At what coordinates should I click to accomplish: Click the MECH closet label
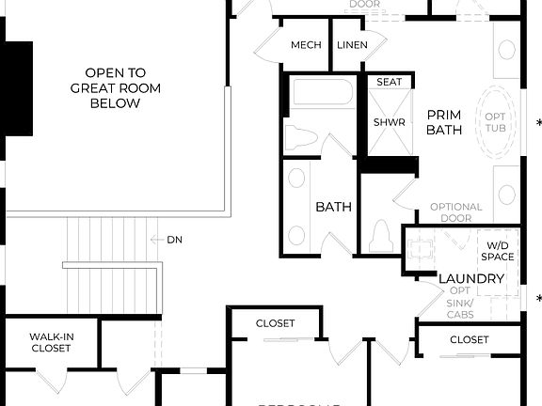click(306, 45)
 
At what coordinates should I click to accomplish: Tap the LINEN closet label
click(352, 45)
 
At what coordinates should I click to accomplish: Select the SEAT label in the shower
click(389, 82)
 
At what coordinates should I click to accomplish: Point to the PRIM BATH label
click(444, 122)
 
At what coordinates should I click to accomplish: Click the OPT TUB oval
click(495, 122)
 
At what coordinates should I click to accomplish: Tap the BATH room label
click(333, 207)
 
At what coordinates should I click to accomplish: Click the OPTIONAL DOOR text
click(456, 213)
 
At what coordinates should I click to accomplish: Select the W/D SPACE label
click(497, 250)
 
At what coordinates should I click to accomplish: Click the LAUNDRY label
click(471, 279)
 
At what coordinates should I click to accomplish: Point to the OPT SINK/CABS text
click(459, 303)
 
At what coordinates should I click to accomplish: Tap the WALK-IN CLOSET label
click(51, 341)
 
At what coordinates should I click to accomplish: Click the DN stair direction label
click(174, 240)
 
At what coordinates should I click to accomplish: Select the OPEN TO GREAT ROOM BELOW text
click(115, 87)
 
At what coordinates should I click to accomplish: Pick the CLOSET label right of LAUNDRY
click(469, 339)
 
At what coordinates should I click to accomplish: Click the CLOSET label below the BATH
click(275, 323)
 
